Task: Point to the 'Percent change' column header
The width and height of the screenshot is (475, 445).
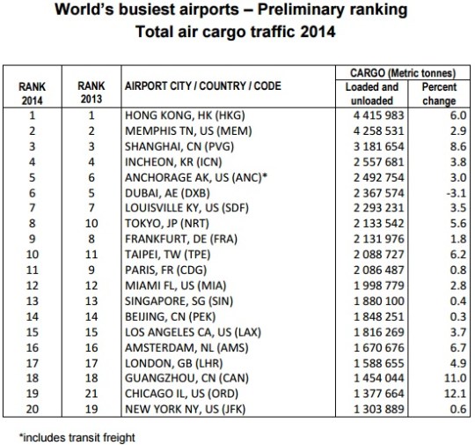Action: point(437,93)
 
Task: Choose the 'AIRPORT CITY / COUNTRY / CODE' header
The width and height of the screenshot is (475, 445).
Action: point(198,93)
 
